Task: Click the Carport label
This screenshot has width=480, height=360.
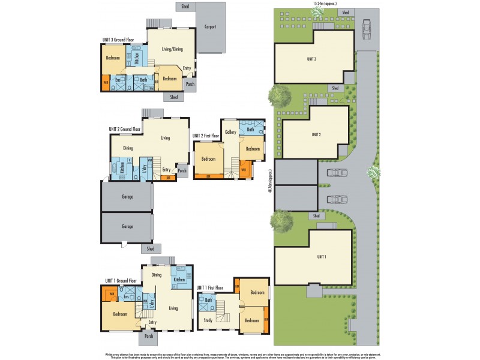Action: point(210,27)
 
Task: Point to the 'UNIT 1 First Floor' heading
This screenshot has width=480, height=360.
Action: point(215,288)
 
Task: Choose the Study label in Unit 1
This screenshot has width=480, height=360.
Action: point(207,320)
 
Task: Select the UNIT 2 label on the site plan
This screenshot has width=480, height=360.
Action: point(316,135)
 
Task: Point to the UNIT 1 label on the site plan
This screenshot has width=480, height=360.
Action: point(322,257)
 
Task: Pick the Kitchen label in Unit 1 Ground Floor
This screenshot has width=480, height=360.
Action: point(178,280)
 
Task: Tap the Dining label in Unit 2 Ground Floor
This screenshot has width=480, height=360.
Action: point(128,148)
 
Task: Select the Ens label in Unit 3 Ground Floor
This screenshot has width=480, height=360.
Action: point(118,80)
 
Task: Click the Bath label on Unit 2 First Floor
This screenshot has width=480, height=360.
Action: point(250,130)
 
